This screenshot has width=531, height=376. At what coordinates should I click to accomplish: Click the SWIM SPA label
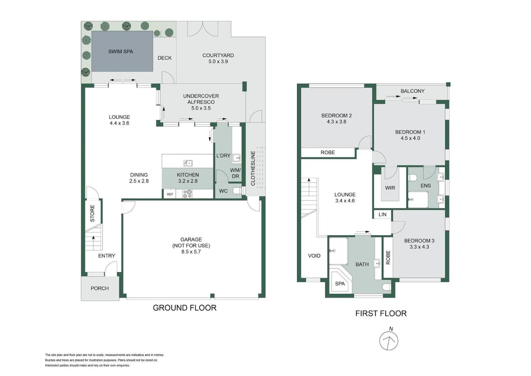[x=121, y=51]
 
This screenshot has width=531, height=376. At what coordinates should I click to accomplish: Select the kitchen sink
[x=188, y=163]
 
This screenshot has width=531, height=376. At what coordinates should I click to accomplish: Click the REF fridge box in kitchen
[x=170, y=194]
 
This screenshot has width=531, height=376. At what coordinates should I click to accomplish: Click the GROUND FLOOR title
[x=184, y=308]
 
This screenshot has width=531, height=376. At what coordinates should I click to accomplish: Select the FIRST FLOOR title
[x=381, y=313]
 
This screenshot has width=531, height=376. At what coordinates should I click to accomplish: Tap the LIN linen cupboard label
[x=382, y=214]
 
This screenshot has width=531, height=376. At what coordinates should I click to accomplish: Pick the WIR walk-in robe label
[x=390, y=188]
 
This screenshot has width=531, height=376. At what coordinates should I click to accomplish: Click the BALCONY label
[x=412, y=91]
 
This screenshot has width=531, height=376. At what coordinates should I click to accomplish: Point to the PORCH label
[x=100, y=289]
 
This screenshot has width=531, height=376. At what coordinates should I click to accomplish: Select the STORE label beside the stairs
[x=92, y=213]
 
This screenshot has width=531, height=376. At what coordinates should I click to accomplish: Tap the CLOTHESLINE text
[x=253, y=168]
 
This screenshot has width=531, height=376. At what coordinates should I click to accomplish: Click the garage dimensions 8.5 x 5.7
[x=191, y=252]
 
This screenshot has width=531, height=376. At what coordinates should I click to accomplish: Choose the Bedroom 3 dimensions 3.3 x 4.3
[x=419, y=247]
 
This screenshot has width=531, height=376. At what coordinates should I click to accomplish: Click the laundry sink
[x=236, y=158]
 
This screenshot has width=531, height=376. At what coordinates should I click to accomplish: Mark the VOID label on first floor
[x=314, y=256]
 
